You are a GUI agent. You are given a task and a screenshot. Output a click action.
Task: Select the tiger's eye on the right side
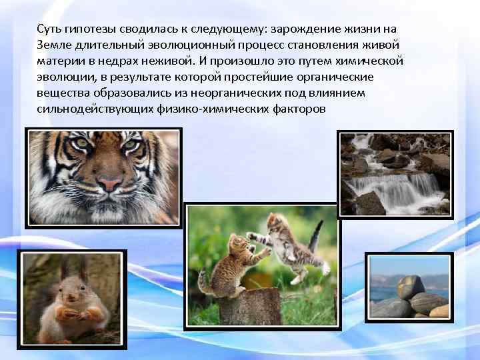pyautogui.click(x=131, y=143)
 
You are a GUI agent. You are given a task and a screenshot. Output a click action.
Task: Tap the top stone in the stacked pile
pyautogui.click(x=410, y=285)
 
